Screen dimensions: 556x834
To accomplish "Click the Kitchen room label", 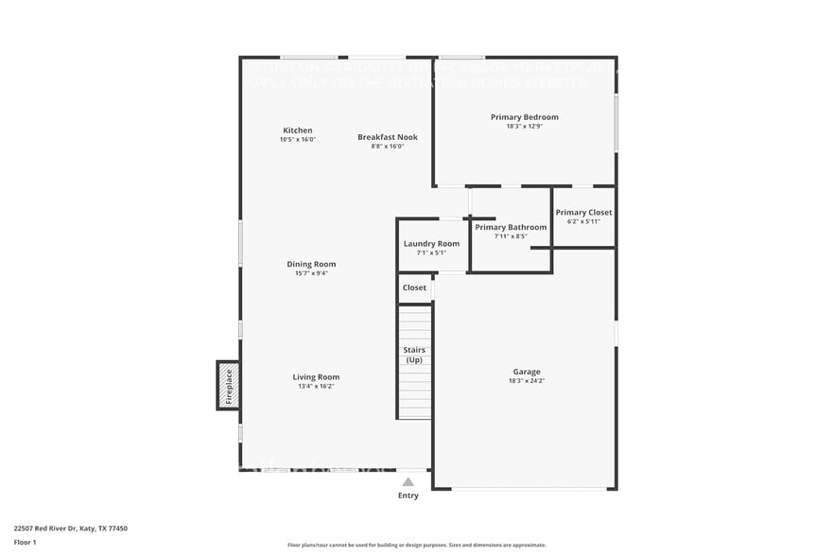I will click(297, 130).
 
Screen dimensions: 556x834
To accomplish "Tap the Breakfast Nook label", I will click(387, 137).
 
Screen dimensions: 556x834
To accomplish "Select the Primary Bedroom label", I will click(524, 117).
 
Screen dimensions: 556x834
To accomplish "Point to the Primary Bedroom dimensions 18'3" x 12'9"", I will click(524, 126).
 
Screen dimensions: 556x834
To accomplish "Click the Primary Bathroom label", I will click(511, 227).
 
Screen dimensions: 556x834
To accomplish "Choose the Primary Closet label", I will click(583, 213).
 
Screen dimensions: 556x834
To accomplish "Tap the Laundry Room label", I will click(431, 244).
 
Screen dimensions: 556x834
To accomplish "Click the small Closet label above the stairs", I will click(414, 287).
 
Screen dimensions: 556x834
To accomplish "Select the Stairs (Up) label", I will click(414, 355).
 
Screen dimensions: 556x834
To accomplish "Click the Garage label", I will click(527, 372).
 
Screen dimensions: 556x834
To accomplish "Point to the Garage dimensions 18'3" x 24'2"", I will click(527, 380).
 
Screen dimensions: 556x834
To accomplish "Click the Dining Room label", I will click(311, 264).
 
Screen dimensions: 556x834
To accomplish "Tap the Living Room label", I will click(315, 376).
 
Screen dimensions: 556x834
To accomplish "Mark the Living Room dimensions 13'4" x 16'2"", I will click(315, 386).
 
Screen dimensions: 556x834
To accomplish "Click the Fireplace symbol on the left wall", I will click(228, 386).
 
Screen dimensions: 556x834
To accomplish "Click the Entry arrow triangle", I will click(408, 481).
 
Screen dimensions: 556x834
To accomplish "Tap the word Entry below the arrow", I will click(408, 495).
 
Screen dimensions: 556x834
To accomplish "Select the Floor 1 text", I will click(25, 542).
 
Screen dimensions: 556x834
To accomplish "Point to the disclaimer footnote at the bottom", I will click(416, 545).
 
